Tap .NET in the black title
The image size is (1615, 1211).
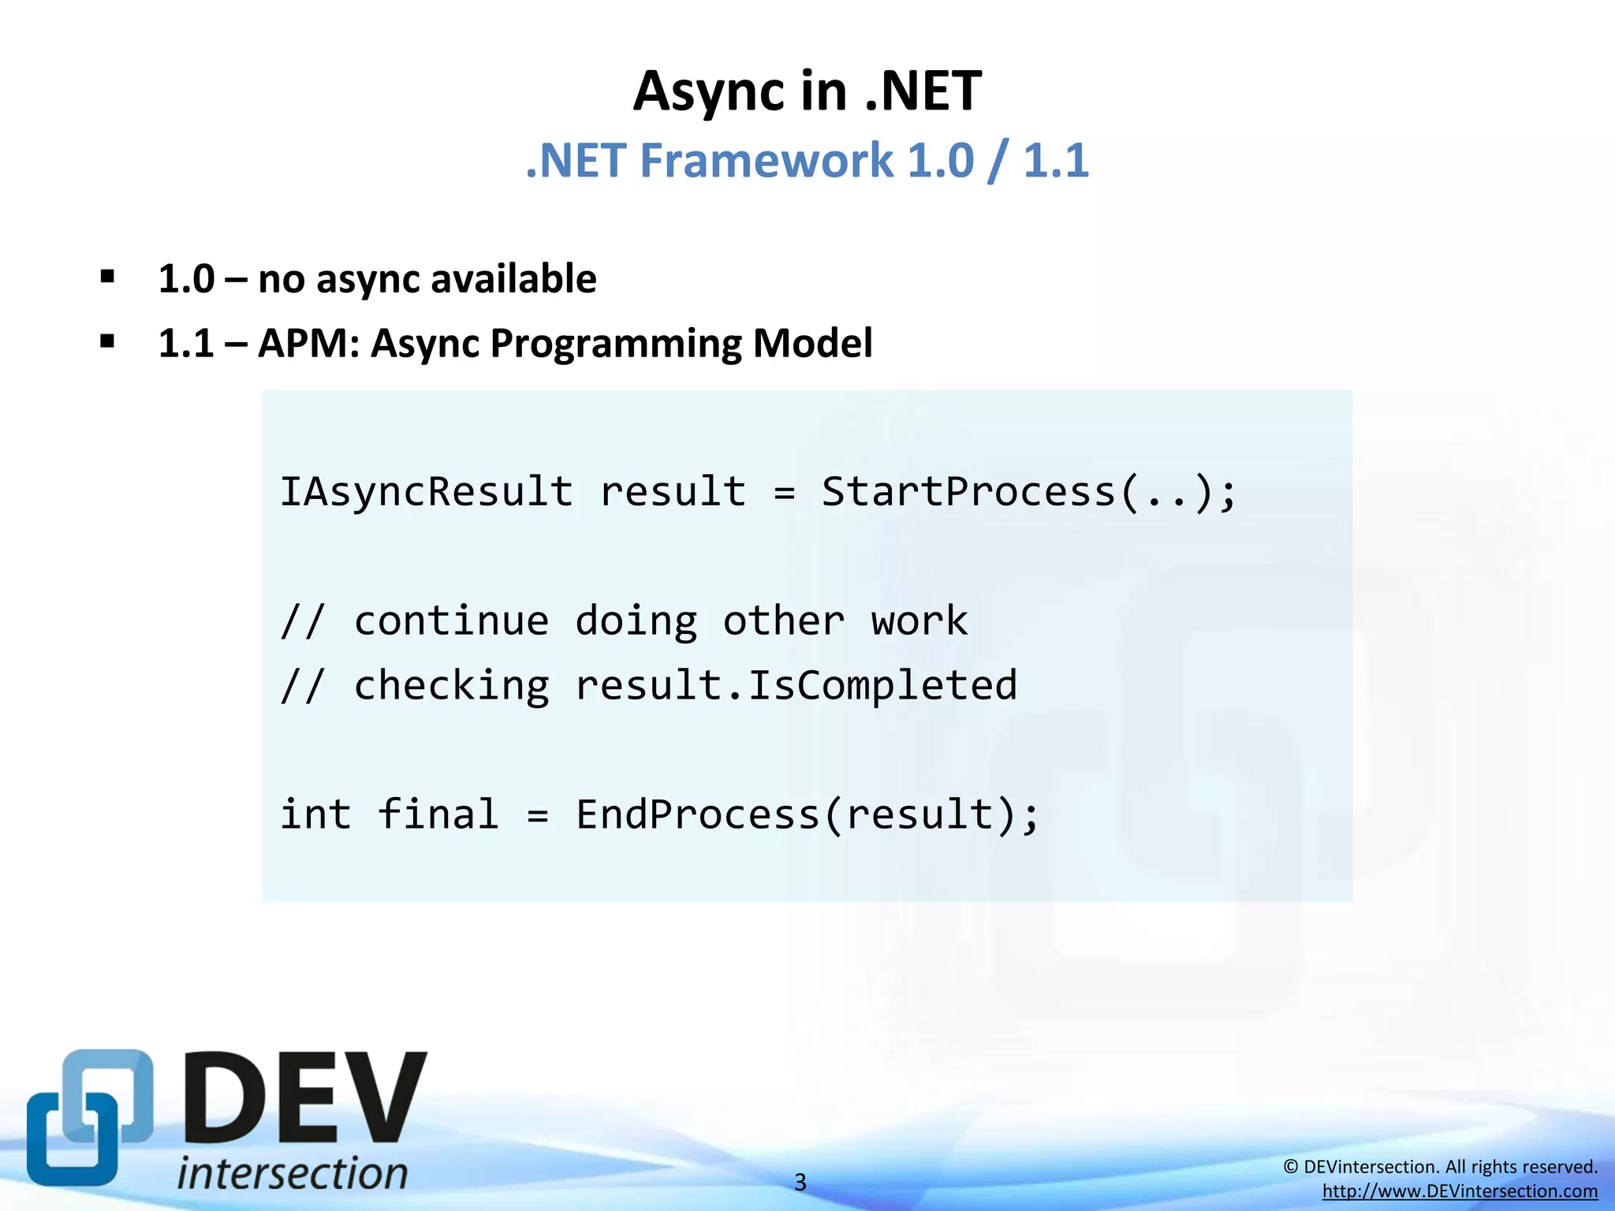923,92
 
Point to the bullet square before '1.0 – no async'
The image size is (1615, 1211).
108,277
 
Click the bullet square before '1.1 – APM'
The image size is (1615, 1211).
108,341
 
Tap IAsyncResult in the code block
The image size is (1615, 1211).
427,493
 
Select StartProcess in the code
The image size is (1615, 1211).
968,493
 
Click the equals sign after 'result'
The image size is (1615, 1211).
784,494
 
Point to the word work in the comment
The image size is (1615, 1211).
919,621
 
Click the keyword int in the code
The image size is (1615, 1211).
315,814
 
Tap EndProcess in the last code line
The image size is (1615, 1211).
697,814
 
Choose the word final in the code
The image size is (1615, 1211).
438,814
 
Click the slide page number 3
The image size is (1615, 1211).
800,1183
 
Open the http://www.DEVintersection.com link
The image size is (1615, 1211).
1460,1191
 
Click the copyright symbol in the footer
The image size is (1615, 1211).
1290,1167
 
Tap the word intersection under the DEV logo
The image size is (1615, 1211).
293,1174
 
